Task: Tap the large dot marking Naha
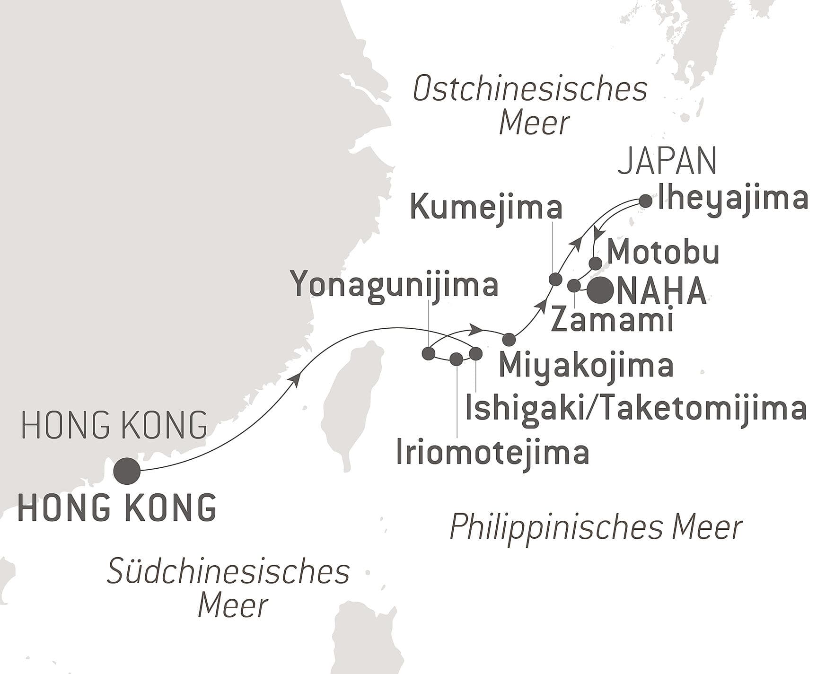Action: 600,289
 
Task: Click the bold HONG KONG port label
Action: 117,508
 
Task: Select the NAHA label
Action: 661,291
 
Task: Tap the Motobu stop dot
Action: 596,263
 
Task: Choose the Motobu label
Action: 663,253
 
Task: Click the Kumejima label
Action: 486,207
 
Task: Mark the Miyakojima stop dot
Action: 509,339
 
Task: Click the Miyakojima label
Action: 586,365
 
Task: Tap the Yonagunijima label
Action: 395,285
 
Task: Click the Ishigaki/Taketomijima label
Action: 635,409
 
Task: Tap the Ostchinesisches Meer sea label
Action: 530,105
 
